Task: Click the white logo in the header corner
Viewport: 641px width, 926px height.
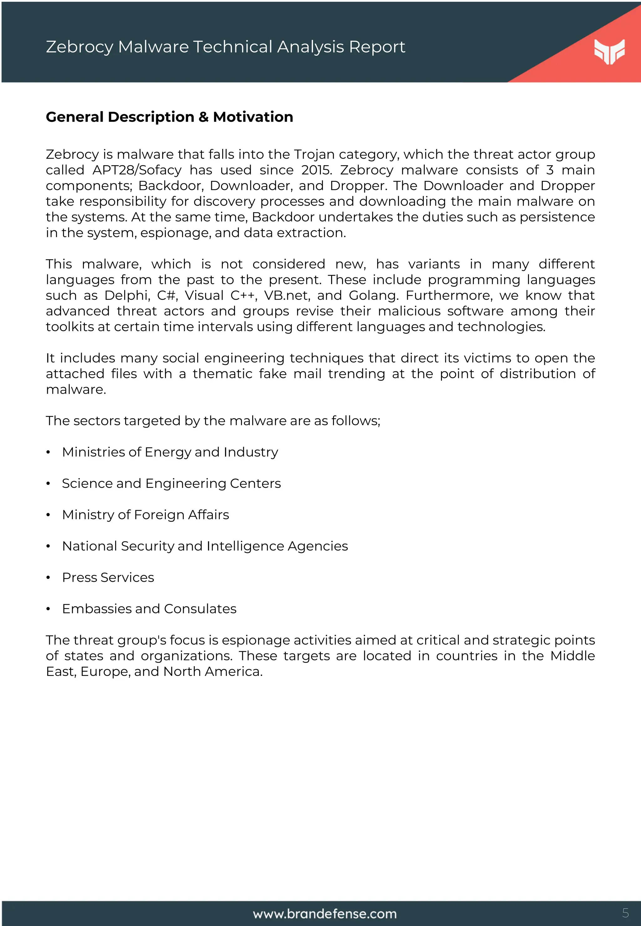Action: pyautogui.click(x=609, y=51)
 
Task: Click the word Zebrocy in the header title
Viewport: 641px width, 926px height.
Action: pyautogui.click(x=79, y=47)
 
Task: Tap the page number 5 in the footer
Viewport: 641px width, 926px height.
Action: pyautogui.click(x=625, y=913)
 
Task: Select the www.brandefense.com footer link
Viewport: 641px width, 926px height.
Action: pyautogui.click(x=325, y=914)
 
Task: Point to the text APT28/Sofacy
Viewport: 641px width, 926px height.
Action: pyautogui.click(x=137, y=170)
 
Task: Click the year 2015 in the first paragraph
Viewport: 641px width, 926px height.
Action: pyautogui.click(x=316, y=170)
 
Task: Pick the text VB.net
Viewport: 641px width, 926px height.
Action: pyautogui.click(x=287, y=295)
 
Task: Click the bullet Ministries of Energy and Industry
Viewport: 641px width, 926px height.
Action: pyautogui.click(x=170, y=452)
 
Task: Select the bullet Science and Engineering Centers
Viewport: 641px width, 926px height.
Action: pyautogui.click(x=171, y=483)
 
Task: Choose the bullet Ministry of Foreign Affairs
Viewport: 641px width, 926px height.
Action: pyautogui.click(x=146, y=515)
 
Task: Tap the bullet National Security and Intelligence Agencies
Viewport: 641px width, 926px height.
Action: pyautogui.click(x=205, y=546)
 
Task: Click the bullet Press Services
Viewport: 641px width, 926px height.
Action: pyautogui.click(x=108, y=577)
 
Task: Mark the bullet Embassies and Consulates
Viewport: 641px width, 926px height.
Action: pyautogui.click(x=149, y=609)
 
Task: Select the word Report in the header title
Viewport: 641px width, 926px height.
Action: pyautogui.click(x=377, y=47)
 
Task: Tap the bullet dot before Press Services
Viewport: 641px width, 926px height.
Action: pyautogui.click(x=48, y=578)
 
